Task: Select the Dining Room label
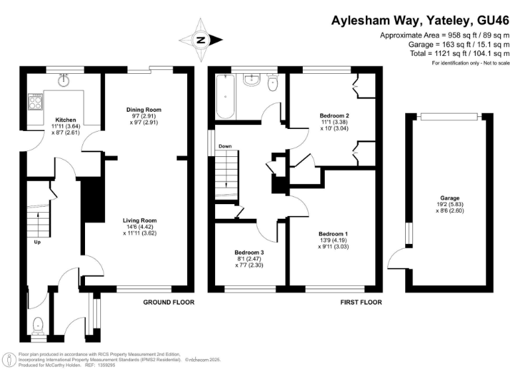[144, 110]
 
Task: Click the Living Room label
[139, 220]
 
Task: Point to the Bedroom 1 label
[332, 234]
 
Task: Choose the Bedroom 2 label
[334, 115]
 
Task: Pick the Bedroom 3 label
[248, 252]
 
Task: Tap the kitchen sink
[65, 81]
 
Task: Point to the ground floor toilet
[38, 326]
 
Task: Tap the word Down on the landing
[225, 146]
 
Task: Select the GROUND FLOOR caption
[169, 302]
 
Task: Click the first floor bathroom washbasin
[252, 80]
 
